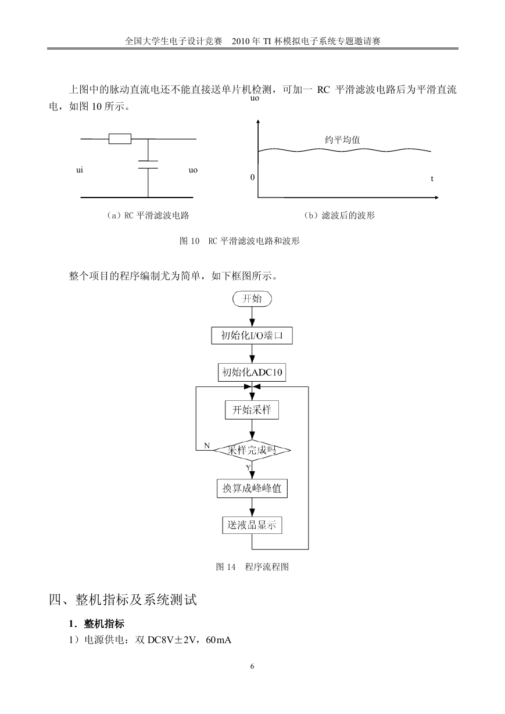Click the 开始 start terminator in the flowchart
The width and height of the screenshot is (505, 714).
point(252,299)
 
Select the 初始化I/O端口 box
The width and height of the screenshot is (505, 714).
point(252,335)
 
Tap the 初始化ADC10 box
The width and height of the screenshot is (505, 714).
point(252,372)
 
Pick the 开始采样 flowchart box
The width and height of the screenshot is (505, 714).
point(252,410)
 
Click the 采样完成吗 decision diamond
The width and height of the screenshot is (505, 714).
point(252,450)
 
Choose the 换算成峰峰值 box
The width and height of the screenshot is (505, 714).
point(252,489)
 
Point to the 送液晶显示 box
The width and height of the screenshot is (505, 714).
point(252,525)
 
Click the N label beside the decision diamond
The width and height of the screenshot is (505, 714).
point(207,446)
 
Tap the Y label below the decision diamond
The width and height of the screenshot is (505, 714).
point(248,468)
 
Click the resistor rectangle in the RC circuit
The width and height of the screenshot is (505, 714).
point(120,139)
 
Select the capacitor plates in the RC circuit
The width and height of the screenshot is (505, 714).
point(148,164)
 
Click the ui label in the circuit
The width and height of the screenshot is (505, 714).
point(80,170)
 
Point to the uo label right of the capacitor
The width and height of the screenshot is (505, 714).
point(193,170)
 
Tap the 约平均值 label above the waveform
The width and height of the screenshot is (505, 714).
point(342,139)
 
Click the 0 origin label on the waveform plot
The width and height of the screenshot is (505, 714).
point(252,177)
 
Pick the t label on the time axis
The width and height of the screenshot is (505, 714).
point(432,178)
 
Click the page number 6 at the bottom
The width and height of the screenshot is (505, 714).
point(252,666)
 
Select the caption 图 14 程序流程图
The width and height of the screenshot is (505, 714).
point(252,567)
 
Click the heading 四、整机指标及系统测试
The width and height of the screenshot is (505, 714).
point(123,600)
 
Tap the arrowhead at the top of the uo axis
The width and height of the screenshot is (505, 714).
point(258,121)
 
